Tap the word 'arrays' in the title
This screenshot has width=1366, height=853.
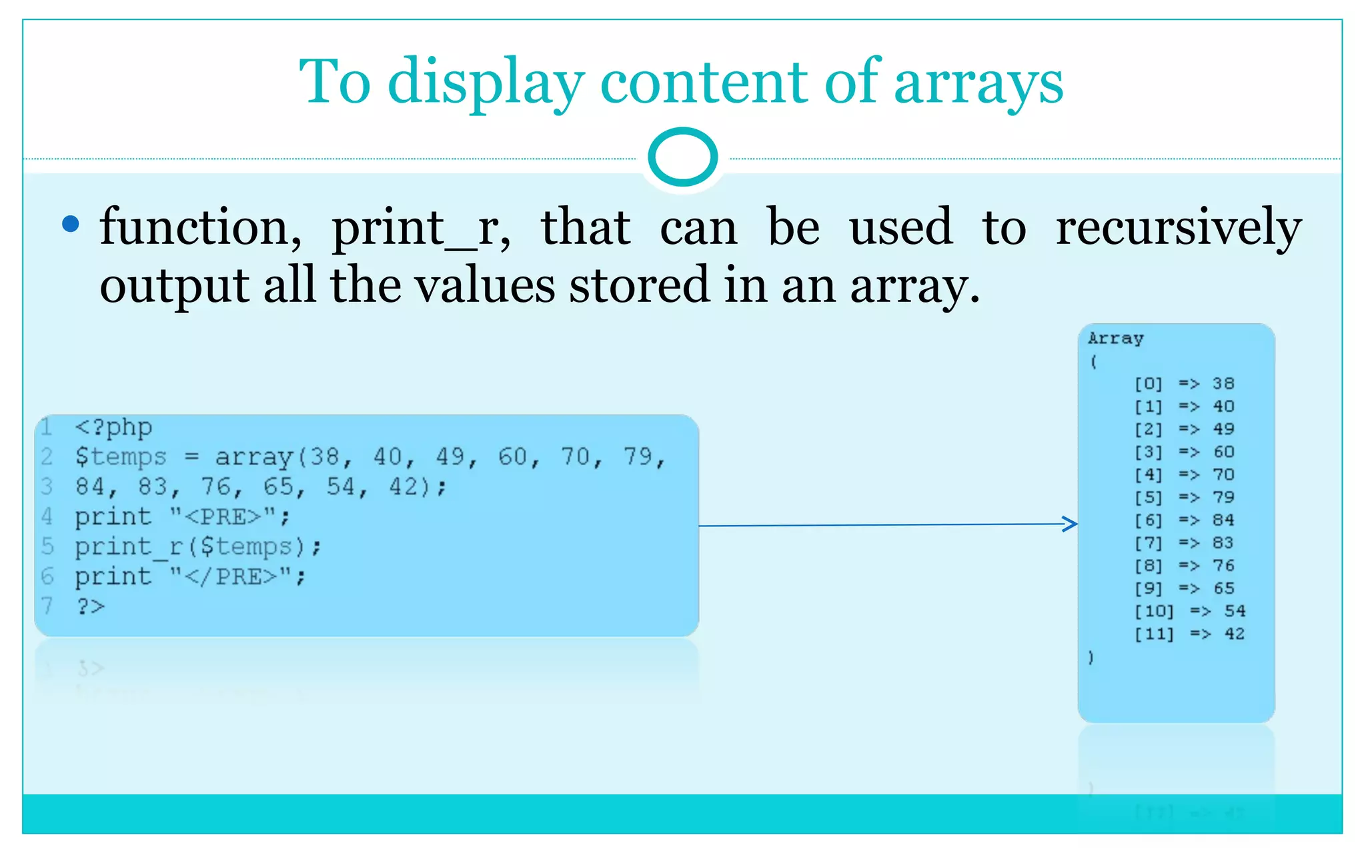coord(978,83)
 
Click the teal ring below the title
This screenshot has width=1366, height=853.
coord(682,157)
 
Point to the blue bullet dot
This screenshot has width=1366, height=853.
coord(70,224)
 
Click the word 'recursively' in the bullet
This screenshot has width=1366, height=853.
coord(1178,228)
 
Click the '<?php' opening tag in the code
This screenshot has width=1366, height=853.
coord(113,427)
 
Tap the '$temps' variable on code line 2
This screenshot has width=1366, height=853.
coord(121,457)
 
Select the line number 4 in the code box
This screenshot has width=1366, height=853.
coord(47,516)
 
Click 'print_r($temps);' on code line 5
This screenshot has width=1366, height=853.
coord(198,547)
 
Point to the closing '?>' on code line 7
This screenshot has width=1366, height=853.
coord(91,606)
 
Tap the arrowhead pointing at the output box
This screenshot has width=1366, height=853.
coord(1071,524)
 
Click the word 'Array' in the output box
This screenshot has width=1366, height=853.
coord(1115,339)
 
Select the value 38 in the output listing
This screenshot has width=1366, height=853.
coord(1223,384)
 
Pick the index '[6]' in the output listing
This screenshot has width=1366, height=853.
coord(1148,520)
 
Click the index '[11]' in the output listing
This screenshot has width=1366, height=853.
coord(1154,634)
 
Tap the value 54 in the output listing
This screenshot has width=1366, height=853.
coord(1235,611)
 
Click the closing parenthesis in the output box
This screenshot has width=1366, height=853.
coord(1091,658)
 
